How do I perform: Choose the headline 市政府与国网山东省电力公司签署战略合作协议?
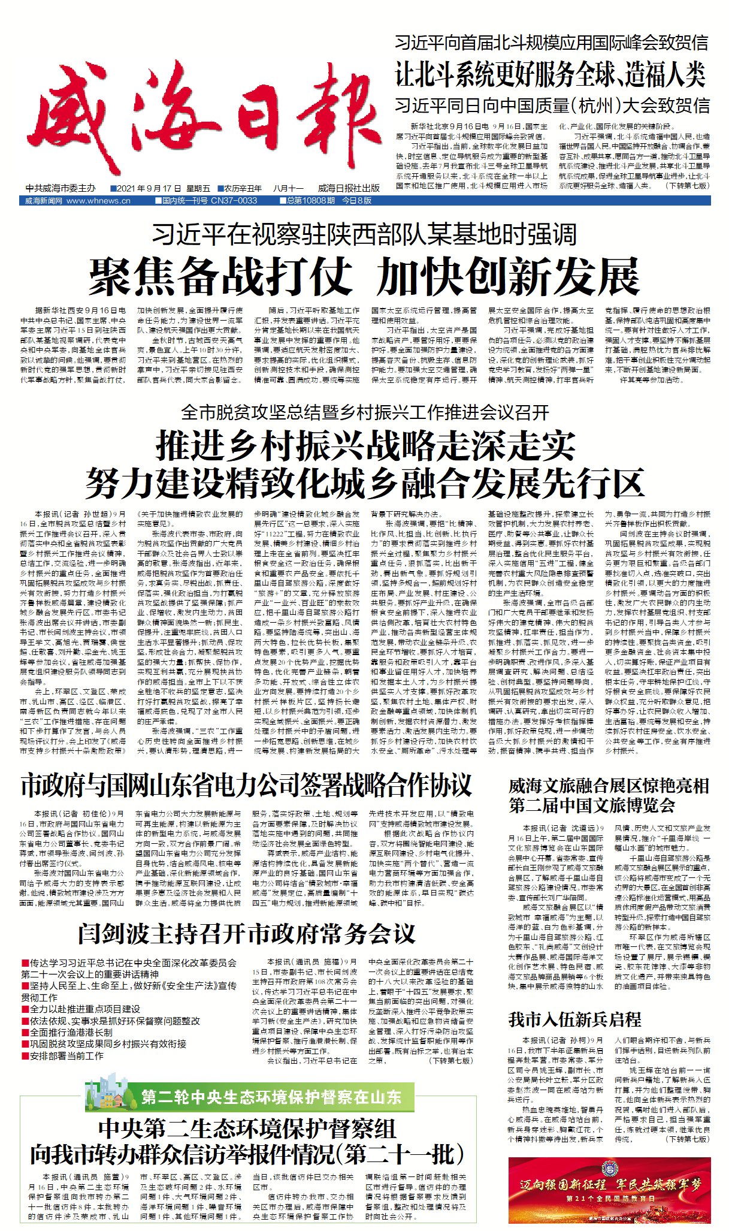click(x=246, y=786)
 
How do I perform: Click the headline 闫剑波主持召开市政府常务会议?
click(x=246, y=933)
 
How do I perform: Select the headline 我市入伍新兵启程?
click(x=574, y=1019)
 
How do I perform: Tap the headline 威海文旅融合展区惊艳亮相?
click(x=609, y=786)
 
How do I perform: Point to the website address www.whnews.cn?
click(x=98, y=201)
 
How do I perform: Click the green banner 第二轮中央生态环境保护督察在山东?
click(x=271, y=1097)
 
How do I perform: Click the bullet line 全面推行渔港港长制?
click(x=71, y=1033)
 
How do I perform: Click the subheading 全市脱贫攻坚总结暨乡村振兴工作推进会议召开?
click(x=365, y=412)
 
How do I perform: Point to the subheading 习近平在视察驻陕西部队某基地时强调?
click(x=364, y=234)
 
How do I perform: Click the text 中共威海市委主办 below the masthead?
click(x=61, y=188)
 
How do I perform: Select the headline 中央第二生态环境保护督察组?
click(x=247, y=1129)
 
